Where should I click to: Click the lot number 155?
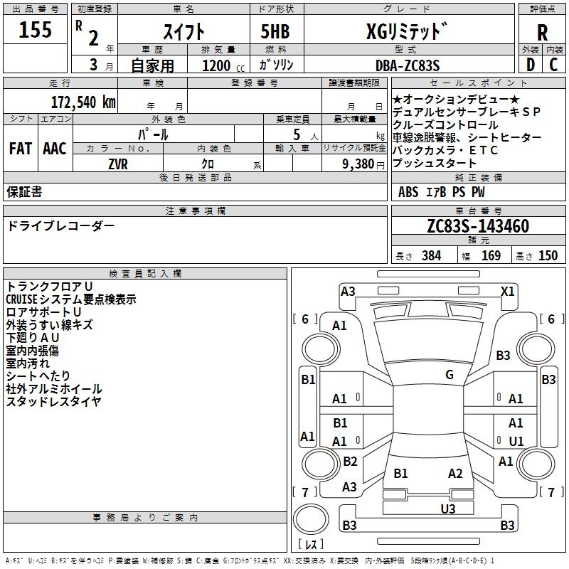(36, 30)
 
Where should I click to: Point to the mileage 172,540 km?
(83, 102)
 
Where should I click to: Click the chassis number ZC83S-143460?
(478, 226)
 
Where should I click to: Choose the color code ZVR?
(118, 163)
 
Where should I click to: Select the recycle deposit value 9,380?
(359, 164)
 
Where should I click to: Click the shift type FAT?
(20, 149)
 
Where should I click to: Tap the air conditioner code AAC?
(54, 149)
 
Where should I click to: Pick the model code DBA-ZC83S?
(407, 65)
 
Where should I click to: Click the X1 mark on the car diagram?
(507, 291)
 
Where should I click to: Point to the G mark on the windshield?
(449, 375)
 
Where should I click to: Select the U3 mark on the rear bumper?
(447, 508)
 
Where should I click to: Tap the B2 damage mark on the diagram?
(350, 462)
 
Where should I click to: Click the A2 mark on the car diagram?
(455, 474)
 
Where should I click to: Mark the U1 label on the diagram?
(516, 441)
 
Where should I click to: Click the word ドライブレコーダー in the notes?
(60, 225)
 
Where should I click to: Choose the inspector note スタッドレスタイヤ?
(53, 401)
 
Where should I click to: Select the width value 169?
(491, 256)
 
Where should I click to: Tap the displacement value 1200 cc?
(219, 65)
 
